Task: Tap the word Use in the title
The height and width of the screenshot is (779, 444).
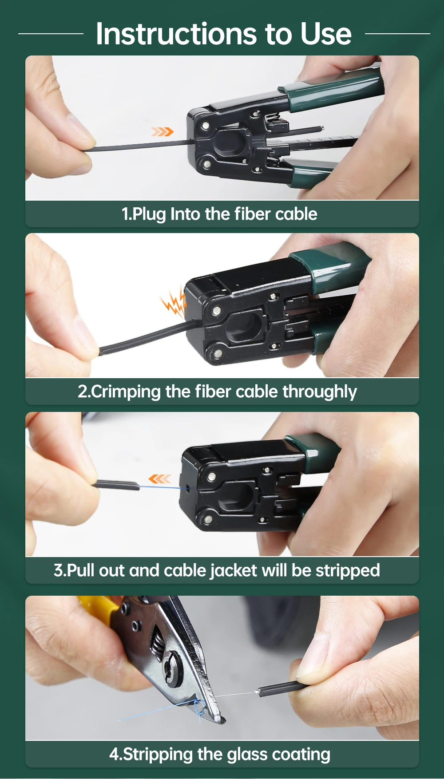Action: [326, 34]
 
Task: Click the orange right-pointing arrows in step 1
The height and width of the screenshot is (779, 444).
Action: [162, 131]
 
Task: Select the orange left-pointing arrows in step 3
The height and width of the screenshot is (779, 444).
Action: [159, 478]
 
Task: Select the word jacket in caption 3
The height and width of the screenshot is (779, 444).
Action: [234, 571]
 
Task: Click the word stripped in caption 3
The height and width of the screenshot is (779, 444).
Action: [348, 571]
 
